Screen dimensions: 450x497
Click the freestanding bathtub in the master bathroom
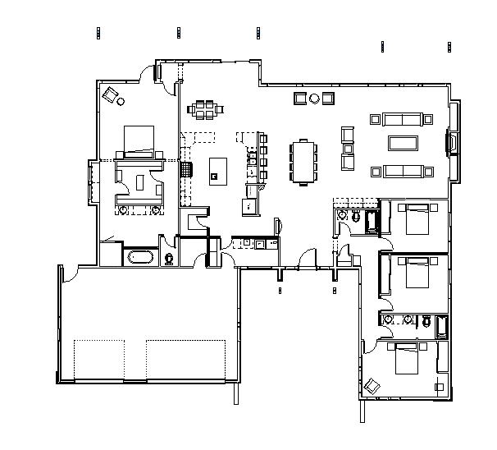pyautogui.click(x=140, y=258)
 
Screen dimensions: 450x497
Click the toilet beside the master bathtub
pyautogui.click(x=169, y=259)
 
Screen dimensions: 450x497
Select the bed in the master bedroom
pyautogui.click(x=139, y=140)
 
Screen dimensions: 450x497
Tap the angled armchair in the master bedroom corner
pyautogui.click(x=110, y=94)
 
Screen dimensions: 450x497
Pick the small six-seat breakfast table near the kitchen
pyautogui.click(x=205, y=108)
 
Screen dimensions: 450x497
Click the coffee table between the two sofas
pyautogui.click(x=402, y=144)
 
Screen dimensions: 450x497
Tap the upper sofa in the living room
pyautogui.click(x=402, y=119)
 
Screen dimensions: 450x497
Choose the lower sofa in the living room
pyautogui.click(x=402, y=171)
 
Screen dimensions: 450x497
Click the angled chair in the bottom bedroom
pyautogui.click(x=373, y=384)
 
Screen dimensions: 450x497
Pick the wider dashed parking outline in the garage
pyautogui.click(x=185, y=359)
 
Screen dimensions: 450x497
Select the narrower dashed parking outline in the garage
pyautogui.click(x=98, y=359)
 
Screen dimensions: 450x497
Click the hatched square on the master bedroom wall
pyautogui.click(x=186, y=170)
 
